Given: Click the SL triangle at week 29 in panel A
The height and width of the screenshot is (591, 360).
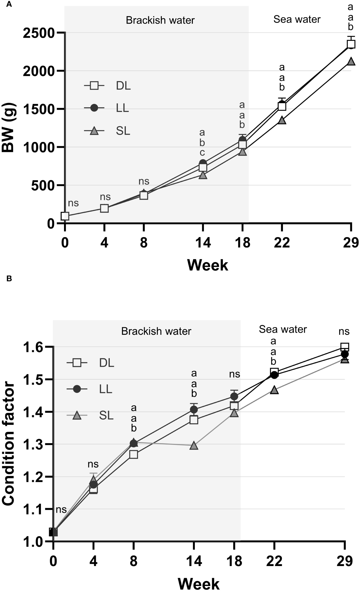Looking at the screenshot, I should tap(351, 61).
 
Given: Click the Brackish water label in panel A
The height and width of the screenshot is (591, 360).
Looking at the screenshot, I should tap(160, 20).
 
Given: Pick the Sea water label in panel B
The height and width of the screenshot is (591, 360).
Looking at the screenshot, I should tap(283, 329).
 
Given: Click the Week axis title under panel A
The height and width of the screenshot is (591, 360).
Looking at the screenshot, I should tap(208, 265).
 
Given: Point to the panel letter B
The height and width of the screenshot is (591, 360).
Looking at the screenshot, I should tap(9, 279).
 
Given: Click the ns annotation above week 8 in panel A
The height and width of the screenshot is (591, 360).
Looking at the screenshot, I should tap(144, 181).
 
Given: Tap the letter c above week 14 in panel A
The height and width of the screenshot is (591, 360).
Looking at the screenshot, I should tap(202, 153).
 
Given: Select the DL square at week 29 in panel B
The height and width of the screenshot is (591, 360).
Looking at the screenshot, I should tap(344, 347).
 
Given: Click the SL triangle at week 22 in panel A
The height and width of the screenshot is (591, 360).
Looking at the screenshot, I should tap(282, 120).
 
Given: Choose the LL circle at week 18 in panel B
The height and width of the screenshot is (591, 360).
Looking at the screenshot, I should tap(234, 396).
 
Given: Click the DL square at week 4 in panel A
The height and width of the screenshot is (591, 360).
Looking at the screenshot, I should tap(104, 208).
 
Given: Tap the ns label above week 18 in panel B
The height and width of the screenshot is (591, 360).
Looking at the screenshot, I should tap(234, 374).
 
